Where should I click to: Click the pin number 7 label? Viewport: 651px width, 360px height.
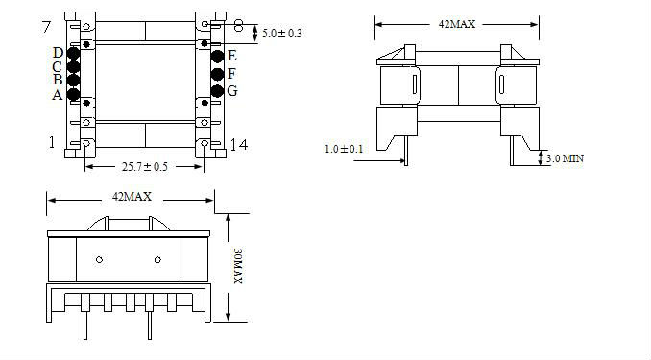click(x=46, y=27)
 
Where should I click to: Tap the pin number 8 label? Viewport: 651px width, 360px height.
click(x=238, y=25)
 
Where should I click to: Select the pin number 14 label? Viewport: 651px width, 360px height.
click(x=239, y=145)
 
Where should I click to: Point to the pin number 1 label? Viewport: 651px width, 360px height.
click(x=52, y=142)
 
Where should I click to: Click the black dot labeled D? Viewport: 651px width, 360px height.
click(x=73, y=53)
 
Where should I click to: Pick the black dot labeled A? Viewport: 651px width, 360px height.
click(x=73, y=95)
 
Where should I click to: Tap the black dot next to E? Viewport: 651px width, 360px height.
click(x=217, y=56)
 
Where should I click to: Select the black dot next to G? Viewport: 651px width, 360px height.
click(x=217, y=91)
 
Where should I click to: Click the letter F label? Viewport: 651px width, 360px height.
click(x=231, y=74)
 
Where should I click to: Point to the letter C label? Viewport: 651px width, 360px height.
click(x=58, y=66)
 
